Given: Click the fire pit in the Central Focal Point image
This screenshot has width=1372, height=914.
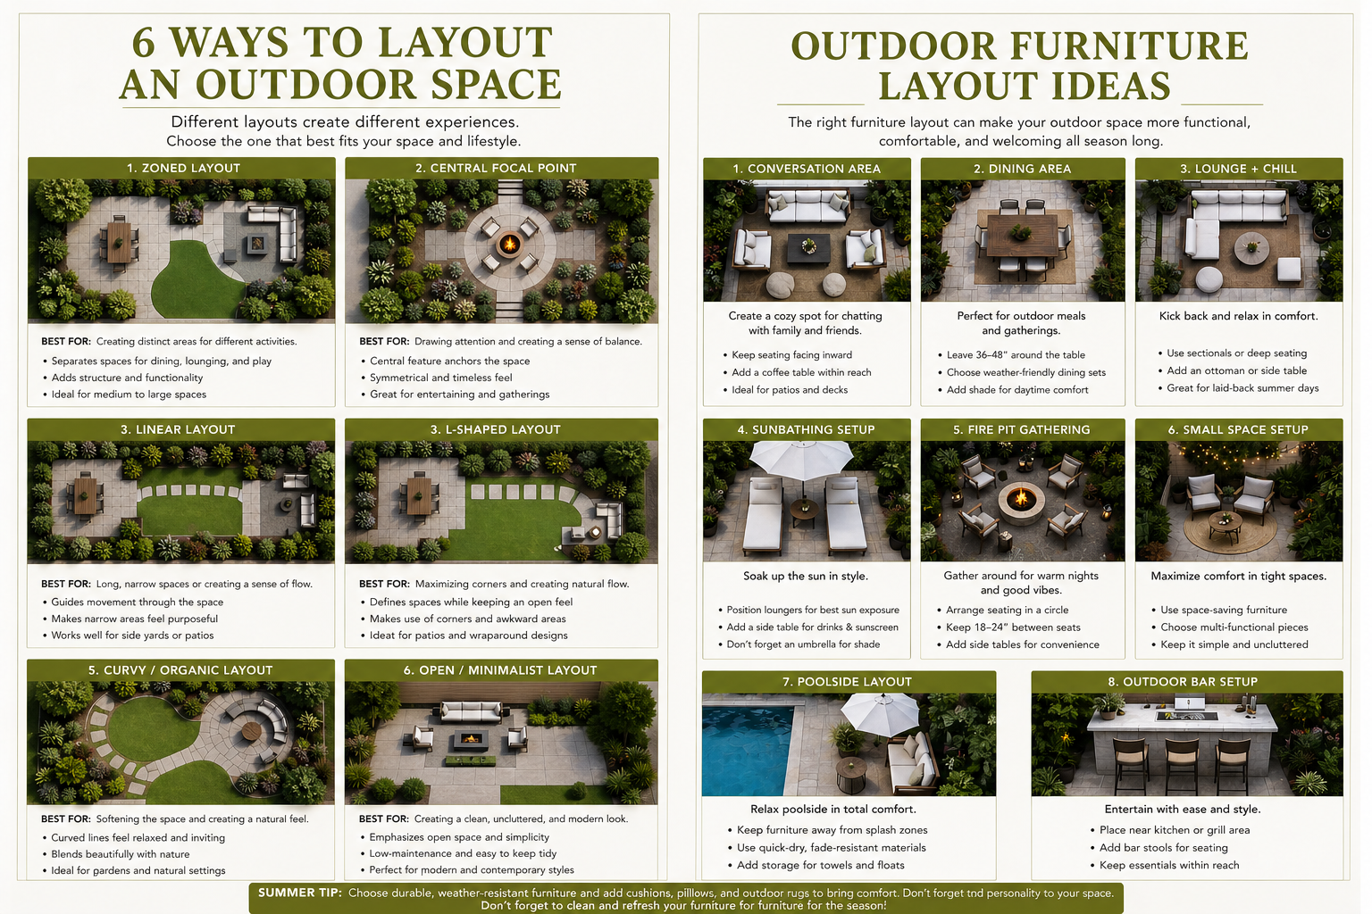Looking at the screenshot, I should [508, 243].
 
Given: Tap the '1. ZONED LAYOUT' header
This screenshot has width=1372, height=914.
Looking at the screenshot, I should [183, 168].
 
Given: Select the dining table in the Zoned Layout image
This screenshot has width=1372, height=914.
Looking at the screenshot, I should [118, 241].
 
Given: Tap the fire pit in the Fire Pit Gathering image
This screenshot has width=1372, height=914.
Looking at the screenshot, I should [1021, 498].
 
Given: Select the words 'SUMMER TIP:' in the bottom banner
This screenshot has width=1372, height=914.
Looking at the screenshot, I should [300, 893].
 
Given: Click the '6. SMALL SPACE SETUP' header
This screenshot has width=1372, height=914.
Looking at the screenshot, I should [1238, 429].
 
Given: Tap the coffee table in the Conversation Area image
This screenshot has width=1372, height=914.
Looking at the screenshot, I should [808, 247].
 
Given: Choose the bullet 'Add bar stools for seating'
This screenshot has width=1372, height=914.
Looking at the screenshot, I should [1163, 848].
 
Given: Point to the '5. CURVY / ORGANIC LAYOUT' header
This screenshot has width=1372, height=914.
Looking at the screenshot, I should [180, 670].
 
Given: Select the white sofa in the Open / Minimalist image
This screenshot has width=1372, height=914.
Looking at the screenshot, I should [472, 712].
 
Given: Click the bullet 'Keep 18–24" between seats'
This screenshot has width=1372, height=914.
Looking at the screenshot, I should [1013, 627].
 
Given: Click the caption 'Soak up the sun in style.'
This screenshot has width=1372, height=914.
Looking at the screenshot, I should [806, 576].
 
